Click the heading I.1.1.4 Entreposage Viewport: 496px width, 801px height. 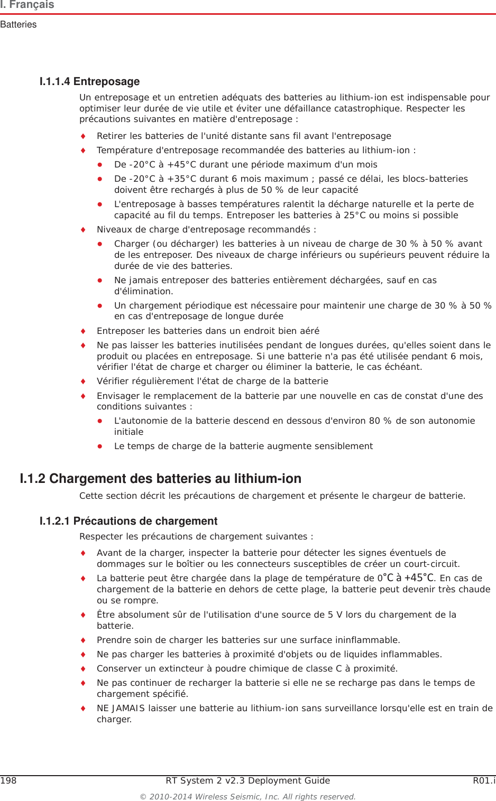(x=89, y=81)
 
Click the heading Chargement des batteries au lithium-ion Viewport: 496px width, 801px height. (x=175, y=479)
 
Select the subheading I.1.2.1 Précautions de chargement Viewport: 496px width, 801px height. (x=128, y=521)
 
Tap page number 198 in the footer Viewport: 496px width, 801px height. (x=8, y=781)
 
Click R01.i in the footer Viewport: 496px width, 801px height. (x=484, y=781)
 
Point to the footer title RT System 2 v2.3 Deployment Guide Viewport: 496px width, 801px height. (x=247, y=781)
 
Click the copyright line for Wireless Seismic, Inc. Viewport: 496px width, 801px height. (x=247, y=797)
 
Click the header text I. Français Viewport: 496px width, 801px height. (x=27, y=5)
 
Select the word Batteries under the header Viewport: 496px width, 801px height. (x=19, y=25)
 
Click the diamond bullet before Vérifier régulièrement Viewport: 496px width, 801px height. (x=83, y=381)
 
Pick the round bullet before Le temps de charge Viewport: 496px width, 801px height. (x=99, y=446)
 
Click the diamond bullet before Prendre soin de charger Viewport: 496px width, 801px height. (x=83, y=640)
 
